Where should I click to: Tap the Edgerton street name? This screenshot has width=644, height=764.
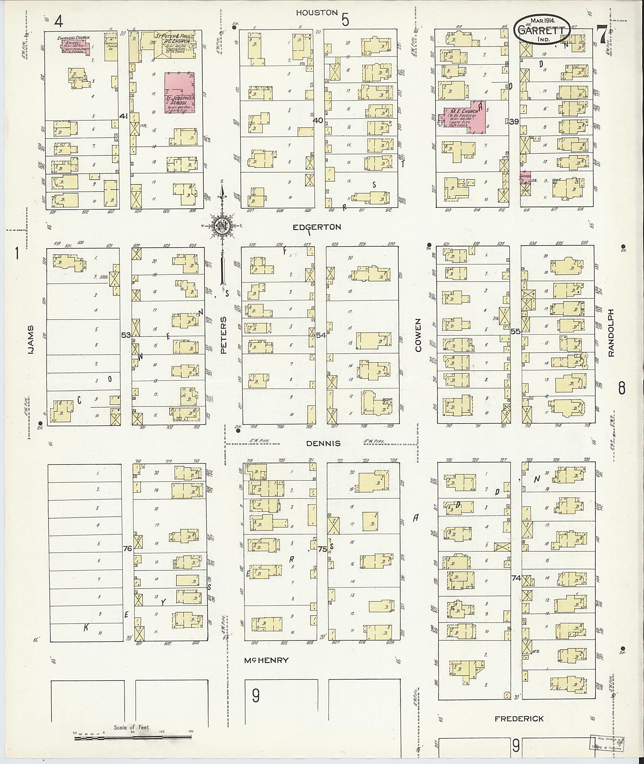click(317, 227)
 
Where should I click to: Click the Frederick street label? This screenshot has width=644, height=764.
click(519, 719)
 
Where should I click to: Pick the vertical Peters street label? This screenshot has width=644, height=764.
click(224, 335)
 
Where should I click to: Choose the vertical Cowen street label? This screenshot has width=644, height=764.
click(418, 335)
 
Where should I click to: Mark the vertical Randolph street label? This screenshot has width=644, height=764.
click(612, 333)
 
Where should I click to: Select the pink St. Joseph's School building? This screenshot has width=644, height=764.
click(179, 93)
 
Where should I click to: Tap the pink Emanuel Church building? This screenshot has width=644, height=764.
click(75, 46)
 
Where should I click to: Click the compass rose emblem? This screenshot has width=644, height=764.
click(222, 226)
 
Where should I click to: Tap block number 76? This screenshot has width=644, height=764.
click(127, 549)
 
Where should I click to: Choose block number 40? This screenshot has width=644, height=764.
click(318, 120)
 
